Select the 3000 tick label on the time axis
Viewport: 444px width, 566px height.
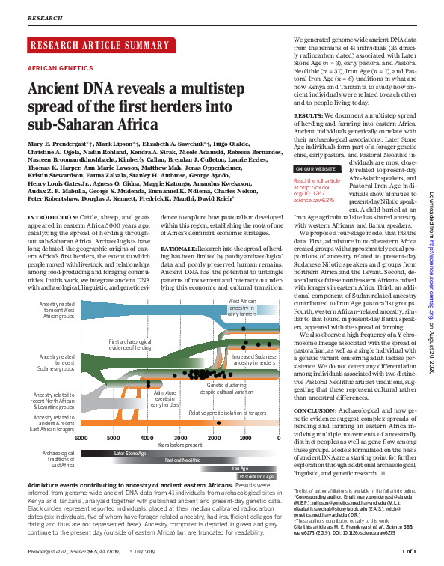pos(181,438)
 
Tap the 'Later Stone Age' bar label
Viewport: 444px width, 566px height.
pos(129,454)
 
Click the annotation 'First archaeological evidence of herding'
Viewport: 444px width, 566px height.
pos(124,344)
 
